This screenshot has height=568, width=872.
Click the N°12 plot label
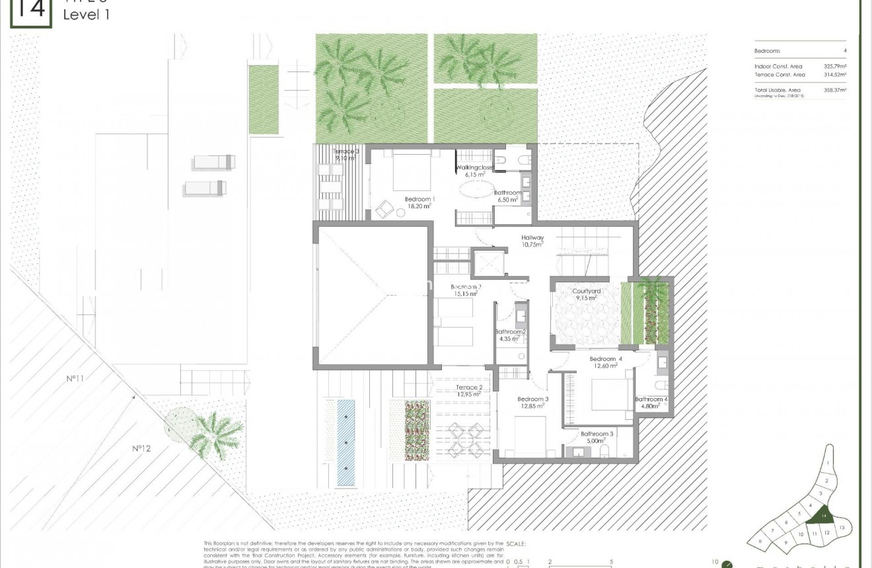coord(141,448)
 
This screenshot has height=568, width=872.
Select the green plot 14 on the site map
coord(824,515)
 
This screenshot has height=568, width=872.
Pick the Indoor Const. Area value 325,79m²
coord(835,67)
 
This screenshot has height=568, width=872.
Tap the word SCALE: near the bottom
coord(515,544)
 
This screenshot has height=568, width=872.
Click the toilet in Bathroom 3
coord(604,451)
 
